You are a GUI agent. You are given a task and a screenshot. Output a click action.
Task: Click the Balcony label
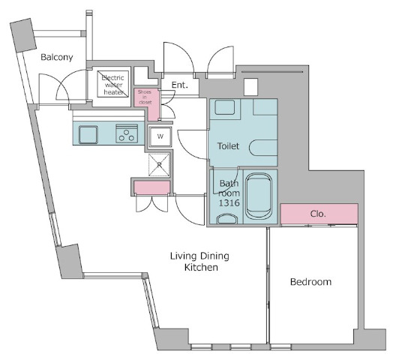57,58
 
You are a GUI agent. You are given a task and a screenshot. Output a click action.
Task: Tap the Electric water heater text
113,85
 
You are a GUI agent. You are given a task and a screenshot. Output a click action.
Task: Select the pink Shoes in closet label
145,97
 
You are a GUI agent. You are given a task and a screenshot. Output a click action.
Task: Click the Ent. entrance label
180,85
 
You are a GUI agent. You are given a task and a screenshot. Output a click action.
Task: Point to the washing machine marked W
160,136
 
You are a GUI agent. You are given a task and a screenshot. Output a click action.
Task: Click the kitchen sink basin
88,135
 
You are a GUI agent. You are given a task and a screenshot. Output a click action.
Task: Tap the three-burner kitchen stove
127,133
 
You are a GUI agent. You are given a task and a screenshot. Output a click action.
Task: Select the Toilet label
228,146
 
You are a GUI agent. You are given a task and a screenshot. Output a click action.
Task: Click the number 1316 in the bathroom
229,202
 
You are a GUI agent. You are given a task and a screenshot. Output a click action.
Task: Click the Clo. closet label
318,214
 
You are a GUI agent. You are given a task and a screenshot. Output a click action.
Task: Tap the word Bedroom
310,282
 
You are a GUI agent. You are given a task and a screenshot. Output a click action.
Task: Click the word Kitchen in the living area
201,268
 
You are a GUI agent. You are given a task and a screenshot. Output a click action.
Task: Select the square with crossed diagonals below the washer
159,165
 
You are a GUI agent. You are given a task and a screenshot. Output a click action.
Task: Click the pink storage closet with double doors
151,187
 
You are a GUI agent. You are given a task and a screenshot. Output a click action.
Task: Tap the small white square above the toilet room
251,87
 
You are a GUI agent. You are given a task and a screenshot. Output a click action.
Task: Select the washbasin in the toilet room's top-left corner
225,107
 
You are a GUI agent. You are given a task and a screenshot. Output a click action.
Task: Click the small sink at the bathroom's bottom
227,219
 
